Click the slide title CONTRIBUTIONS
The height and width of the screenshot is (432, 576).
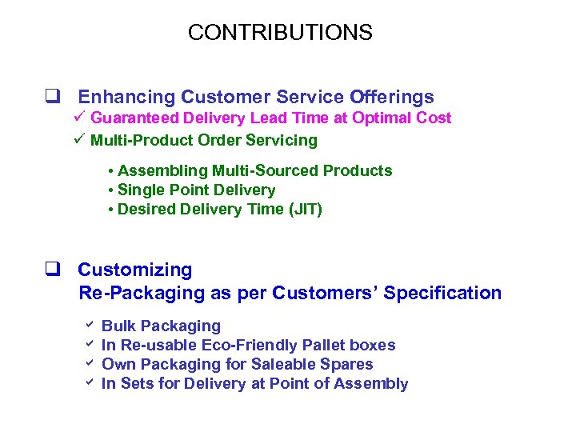(280, 33)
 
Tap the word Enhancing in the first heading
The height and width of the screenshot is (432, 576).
(126, 98)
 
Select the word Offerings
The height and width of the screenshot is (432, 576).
(392, 98)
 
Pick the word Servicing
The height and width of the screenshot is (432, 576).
(283, 141)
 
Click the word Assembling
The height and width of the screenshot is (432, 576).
(162, 170)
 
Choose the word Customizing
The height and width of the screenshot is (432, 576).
(134, 270)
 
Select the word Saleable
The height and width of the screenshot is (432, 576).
(283, 364)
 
